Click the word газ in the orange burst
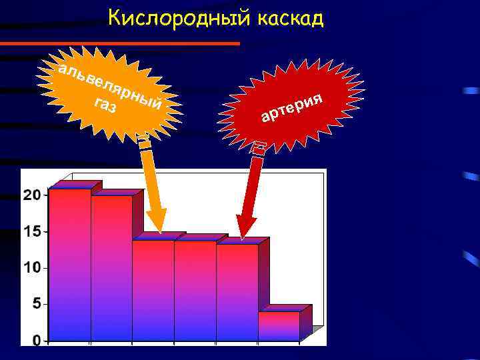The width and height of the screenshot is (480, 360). click(x=105, y=106)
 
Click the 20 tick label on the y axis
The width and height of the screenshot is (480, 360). click(x=31, y=195)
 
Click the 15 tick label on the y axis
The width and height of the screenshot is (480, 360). click(x=31, y=231)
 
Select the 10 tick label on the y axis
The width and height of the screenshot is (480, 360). click(x=31, y=267)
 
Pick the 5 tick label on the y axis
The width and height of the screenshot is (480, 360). click(x=35, y=304)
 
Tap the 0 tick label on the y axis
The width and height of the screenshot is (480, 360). click(x=35, y=340)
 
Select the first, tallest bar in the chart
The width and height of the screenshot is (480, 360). click(x=69, y=267)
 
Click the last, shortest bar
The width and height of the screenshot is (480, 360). click(x=279, y=327)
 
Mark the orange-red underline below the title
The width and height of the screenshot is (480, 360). click(x=120, y=43)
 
